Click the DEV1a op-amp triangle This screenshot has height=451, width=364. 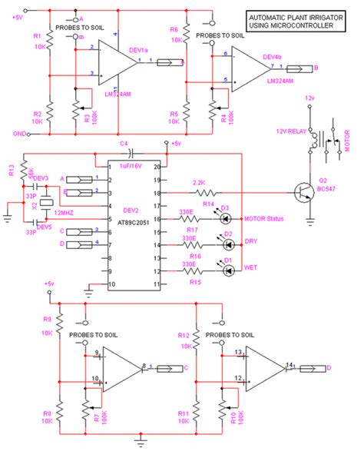(x=115, y=63)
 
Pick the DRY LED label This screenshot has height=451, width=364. (x=251, y=240)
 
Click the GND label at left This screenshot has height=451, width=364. (x=10, y=132)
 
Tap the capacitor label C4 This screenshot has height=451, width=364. (x=123, y=144)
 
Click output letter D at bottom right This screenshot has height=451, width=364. (x=330, y=368)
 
